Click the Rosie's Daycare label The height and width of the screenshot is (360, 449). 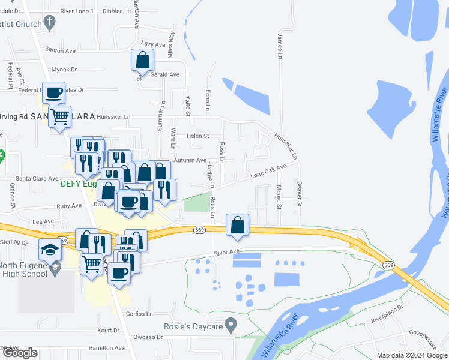tap(193, 327)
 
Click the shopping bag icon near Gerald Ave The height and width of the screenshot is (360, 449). tap(142, 61)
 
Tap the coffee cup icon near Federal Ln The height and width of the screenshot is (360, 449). tap(53, 92)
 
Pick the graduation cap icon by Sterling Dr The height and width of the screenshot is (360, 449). tap(50, 249)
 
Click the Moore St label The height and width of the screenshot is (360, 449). tap(279, 197)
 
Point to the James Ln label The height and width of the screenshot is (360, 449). tap(279, 46)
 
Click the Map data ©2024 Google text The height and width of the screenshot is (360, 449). tap(412, 355)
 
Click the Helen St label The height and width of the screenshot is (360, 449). tap(197, 136)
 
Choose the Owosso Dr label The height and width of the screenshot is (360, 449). tap(149, 337)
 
